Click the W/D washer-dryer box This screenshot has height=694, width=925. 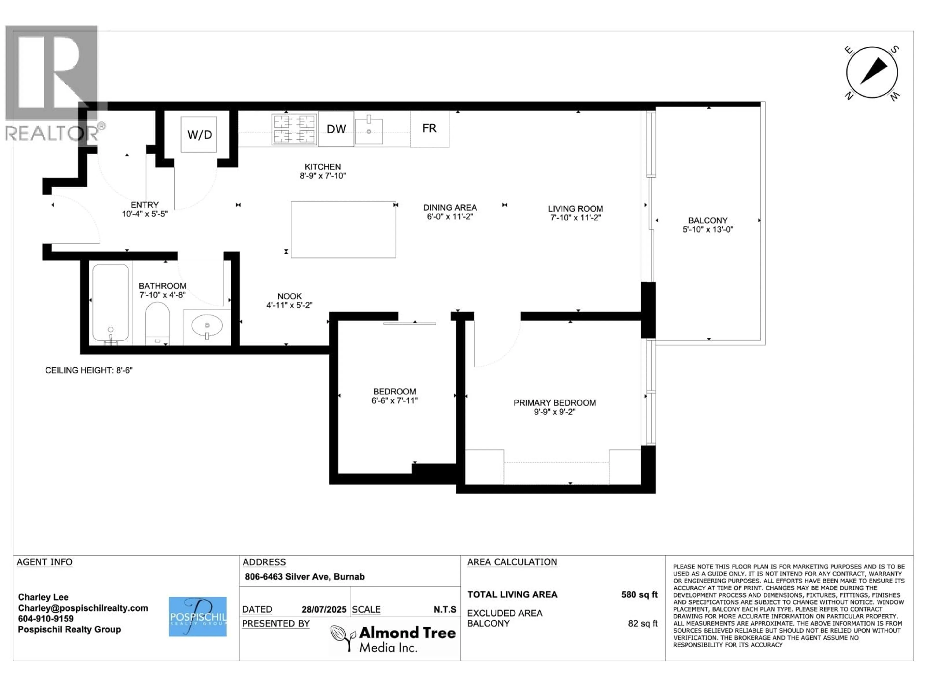(199, 134)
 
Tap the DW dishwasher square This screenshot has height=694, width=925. (336, 129)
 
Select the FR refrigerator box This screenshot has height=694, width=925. (429, 128)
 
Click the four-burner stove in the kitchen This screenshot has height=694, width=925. (294, 129)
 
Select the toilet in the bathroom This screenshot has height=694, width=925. (157, 323)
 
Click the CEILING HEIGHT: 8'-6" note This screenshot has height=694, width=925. (89, 370)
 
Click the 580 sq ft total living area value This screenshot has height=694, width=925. (639, 594)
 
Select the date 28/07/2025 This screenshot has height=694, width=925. (324, 609)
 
